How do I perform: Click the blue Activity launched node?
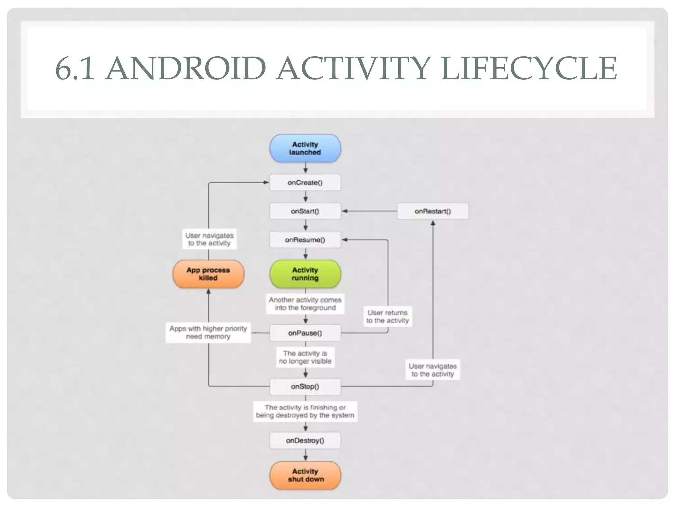tap(305, 148)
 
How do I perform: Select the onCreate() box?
tap(305, 183)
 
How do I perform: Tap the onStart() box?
tap(305, 211)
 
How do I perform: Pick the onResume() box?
tap(305, 240)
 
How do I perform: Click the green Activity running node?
tap(305, 274)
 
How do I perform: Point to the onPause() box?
tap(305, 333)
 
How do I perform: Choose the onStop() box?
tap(305, 386)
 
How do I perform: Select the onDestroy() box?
tap(305, 440)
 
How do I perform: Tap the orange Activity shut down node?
tap(305, 475)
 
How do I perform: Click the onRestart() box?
tap(433, 211)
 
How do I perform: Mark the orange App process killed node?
tap(208, 274)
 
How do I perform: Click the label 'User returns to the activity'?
tap(388, 317)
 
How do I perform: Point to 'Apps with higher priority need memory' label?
tap(208, 332)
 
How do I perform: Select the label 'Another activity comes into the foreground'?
tap(305, 304)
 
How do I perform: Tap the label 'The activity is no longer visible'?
tap(305, 357)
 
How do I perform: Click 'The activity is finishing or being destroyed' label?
tap(305, 411)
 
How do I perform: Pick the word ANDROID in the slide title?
tap(186, 69)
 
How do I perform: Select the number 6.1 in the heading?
tap(74, 69)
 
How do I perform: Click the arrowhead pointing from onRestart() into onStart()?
tap(345, 211)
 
